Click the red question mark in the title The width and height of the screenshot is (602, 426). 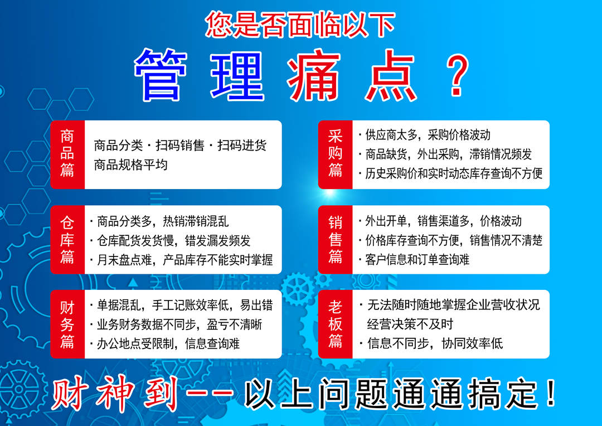click(458, 75)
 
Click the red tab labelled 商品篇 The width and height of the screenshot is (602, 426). click(67, 154)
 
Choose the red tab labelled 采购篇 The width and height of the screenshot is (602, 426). click(335, 154)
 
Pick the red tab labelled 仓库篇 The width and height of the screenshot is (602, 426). click(67, 240)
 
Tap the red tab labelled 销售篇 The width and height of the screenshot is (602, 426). click(335, 240)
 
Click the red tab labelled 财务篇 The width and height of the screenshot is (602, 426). click(67, 324)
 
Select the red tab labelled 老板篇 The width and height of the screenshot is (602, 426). click(335, 324)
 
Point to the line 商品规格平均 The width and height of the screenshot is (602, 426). click(131, 165)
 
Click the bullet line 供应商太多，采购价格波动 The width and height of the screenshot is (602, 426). click(425, 135)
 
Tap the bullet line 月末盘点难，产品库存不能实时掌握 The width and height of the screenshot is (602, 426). click(181, 260)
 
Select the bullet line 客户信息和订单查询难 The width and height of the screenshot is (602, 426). click(414, 260)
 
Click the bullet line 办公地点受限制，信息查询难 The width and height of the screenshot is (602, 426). click(164, 343)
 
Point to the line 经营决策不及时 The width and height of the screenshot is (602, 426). click(410, 324)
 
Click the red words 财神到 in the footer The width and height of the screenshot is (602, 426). click(115, 394)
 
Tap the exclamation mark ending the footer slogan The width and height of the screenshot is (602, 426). click(551, 393)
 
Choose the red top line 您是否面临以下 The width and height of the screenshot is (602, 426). click(300, 25)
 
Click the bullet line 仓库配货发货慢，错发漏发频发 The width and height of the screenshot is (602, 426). click(170, 241)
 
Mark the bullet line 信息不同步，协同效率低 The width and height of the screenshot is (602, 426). click(431, 343)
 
